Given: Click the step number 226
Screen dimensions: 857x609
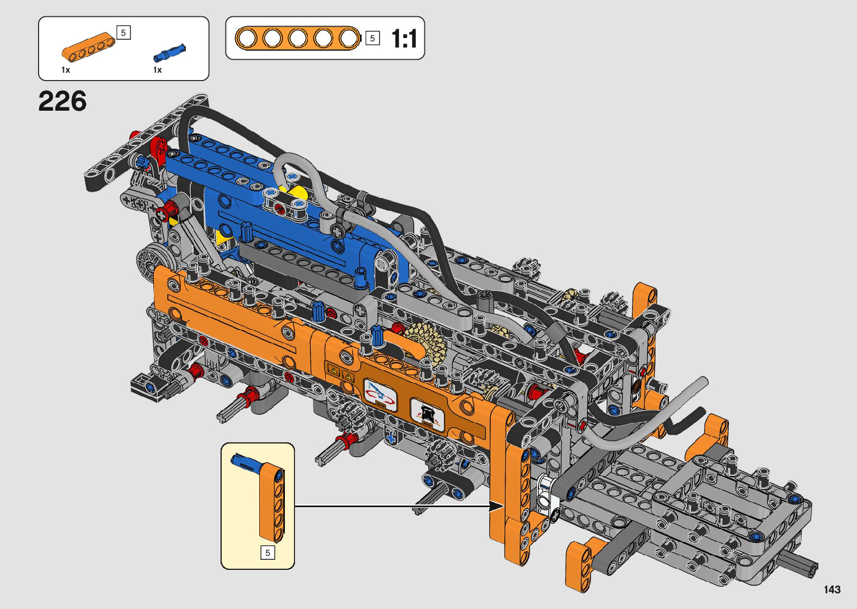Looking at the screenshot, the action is click(62, 101).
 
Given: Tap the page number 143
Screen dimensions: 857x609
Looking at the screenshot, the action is click(832, 589).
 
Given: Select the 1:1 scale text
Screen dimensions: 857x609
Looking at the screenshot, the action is click(404, 39).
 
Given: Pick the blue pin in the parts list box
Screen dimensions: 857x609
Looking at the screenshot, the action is click(170, 53).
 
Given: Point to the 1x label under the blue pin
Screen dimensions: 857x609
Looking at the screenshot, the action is click(157, 70).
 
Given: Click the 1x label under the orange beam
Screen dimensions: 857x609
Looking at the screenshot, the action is click(65, 70).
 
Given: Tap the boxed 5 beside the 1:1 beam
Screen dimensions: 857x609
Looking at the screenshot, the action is click(373, 38).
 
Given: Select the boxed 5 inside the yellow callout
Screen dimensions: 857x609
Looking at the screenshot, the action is click(268, 553).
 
